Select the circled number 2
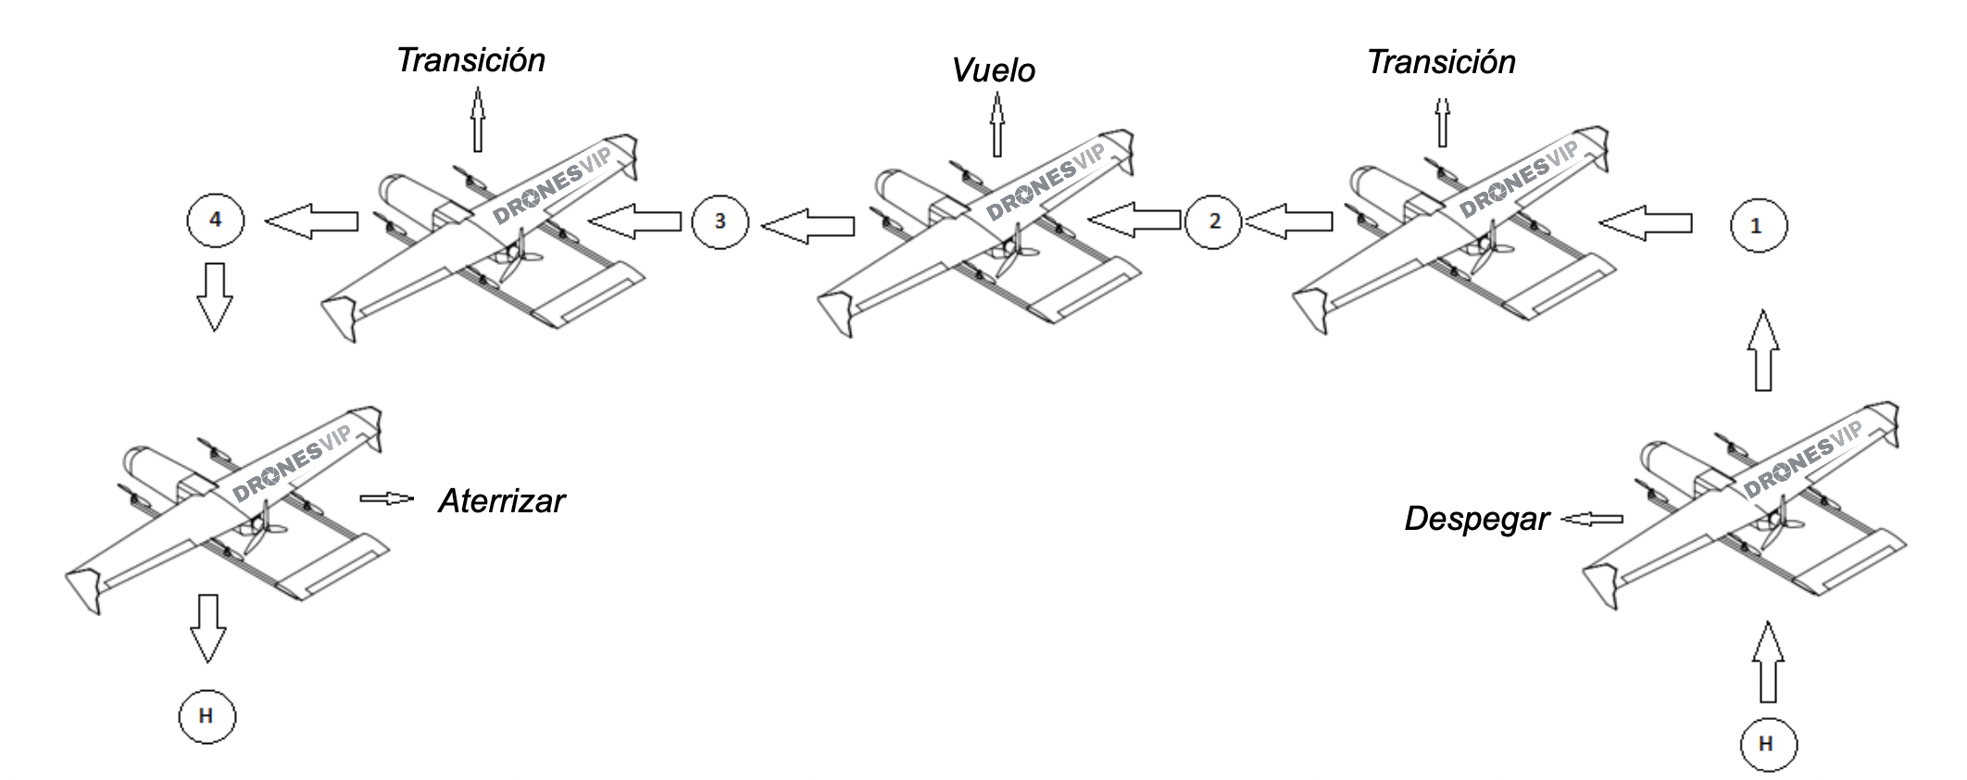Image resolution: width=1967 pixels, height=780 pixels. point(1213,220)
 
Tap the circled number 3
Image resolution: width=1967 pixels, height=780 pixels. point(720,220)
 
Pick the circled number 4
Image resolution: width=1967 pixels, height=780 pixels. point(216,220)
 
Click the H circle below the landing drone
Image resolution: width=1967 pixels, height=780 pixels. point(207,716)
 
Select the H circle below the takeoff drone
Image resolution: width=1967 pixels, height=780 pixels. point(1767,743)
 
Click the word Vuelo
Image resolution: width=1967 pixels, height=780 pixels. point(993,70)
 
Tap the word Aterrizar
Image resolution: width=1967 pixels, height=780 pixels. point(501,501)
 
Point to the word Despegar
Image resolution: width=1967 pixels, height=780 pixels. point(1476,519)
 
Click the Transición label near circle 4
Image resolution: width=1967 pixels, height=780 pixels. point(470,60)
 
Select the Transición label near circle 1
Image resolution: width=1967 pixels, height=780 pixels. point(1441,62)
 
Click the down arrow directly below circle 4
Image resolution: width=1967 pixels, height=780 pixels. point(214,296)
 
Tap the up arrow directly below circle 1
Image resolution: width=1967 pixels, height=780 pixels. point(1763,350)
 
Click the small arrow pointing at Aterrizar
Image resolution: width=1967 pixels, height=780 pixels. point(387,498)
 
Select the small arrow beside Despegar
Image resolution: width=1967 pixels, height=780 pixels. point(1593,520)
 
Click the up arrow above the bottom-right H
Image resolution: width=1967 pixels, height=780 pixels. point(1767,661)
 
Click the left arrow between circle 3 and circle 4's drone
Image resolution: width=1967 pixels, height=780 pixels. point(634,220)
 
